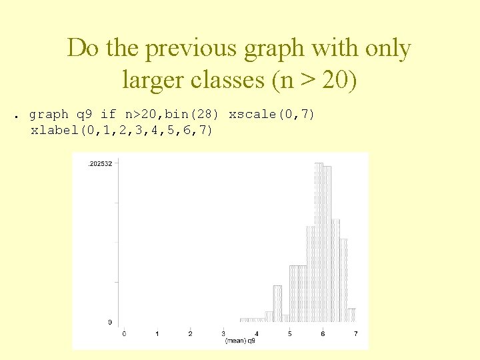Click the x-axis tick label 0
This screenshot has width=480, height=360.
[x=124, y=333]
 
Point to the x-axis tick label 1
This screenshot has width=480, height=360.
[x=157, y=333]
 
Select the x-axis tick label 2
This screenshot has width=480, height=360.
[x=191, y=333]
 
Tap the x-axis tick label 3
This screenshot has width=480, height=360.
[x=223, y=333]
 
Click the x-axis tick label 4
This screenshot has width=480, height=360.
[x=257, y=333]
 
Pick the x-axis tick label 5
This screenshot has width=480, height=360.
[x=290, y=333]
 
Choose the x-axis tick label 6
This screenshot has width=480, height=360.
[x=323, y=333]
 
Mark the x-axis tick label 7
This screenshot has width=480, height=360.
[x=355, y=333]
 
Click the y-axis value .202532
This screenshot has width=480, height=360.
[x=100, y=163]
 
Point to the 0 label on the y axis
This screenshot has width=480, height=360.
[x=110, y=323]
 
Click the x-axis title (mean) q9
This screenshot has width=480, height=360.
[x=240, y=341]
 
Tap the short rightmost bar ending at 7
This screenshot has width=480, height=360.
[x=351, y=315]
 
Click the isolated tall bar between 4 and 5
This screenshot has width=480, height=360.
[x=277, y=304]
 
